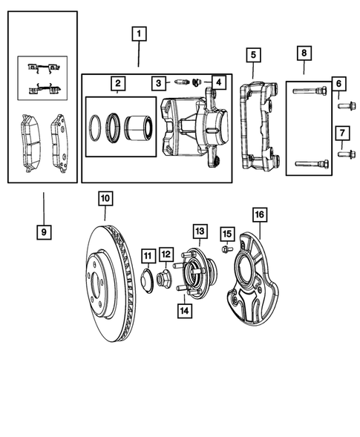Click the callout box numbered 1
click(x=139, y=33)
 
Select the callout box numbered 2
click(x=118, y=83)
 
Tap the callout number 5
click(x=253, y=54)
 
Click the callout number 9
click(x=44, y=231)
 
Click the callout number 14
click(x=183, y=309)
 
